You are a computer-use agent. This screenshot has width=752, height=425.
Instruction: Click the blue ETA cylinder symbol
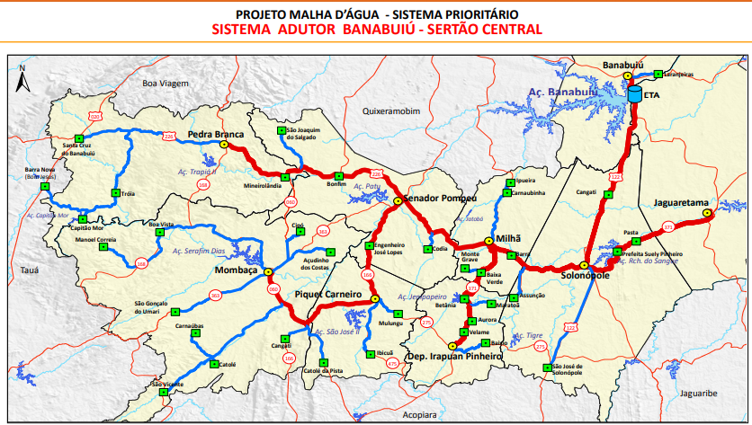click(636, 94)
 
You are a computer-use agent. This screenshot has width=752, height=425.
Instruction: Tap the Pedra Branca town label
click(216, 135)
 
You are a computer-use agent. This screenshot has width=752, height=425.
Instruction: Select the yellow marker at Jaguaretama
click(707, 213)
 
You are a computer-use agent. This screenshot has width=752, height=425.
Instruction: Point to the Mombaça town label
click(237, 270)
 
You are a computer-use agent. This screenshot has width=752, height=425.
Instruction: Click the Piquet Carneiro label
click(327, 295)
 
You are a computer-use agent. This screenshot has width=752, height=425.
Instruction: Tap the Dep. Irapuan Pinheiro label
click(453, 357)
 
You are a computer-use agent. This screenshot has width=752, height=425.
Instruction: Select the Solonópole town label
click(587, 275)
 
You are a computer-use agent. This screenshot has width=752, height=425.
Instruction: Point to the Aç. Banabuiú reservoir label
click(562, 91)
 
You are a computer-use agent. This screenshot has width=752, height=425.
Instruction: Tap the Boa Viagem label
click(165, 83)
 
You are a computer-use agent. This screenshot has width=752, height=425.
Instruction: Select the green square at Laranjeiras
click(658, 74)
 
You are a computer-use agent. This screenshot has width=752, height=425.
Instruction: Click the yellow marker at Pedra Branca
click(223, 144)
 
